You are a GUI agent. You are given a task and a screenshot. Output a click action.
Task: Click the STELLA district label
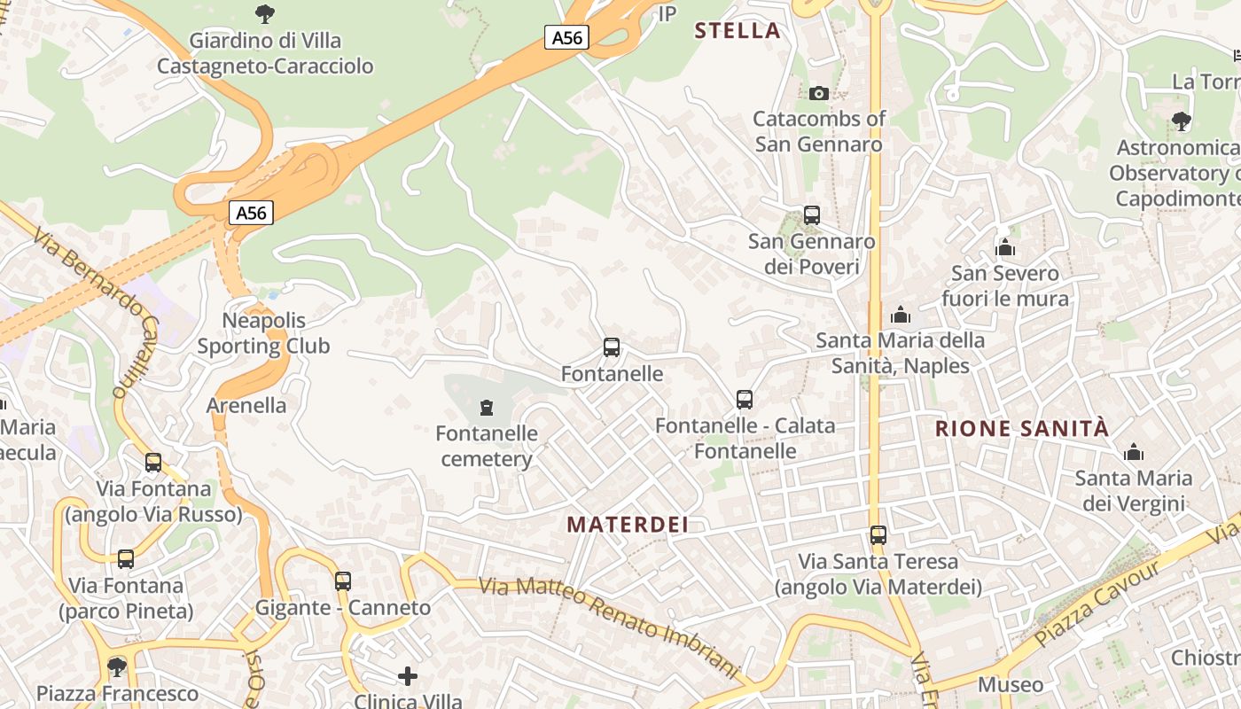coord(737,31)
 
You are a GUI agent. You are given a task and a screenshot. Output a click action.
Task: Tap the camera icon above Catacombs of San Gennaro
coord(819,93)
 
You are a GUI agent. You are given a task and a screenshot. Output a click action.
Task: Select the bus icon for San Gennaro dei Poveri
coord(811,214)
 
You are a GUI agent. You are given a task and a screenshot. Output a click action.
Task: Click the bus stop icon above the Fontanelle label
coord(612,347)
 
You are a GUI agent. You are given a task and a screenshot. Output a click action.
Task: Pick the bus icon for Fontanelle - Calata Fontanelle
coord(745,400)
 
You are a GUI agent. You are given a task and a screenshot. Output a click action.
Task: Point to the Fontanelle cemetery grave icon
coord(486,408)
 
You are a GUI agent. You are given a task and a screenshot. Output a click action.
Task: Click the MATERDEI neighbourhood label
coord(628,524)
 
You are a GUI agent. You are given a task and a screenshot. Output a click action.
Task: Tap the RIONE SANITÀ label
coord(1021,429)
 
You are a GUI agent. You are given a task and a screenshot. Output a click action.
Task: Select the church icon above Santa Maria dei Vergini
coord(1133,453)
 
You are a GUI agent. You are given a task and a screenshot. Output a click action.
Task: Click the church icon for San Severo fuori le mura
coord(1004,247)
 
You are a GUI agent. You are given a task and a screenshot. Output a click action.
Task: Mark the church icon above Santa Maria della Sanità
coord(901,315)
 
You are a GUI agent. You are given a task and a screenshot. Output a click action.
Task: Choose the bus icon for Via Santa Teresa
coord(878,535)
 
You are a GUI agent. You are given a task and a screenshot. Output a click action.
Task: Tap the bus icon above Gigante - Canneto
coord(343,581)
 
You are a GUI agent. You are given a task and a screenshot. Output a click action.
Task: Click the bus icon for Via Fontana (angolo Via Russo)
coord(153,462)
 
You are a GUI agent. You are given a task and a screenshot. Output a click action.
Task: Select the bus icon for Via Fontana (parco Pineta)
coord(126,558)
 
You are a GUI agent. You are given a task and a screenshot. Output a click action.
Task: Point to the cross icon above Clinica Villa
coord(408,676)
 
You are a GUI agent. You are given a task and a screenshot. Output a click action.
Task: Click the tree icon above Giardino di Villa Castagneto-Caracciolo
coord(264,13)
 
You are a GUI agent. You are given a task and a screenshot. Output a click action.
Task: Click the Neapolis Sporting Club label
coord(263,333)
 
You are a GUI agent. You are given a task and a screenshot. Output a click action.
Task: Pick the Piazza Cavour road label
coord(1097,604)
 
